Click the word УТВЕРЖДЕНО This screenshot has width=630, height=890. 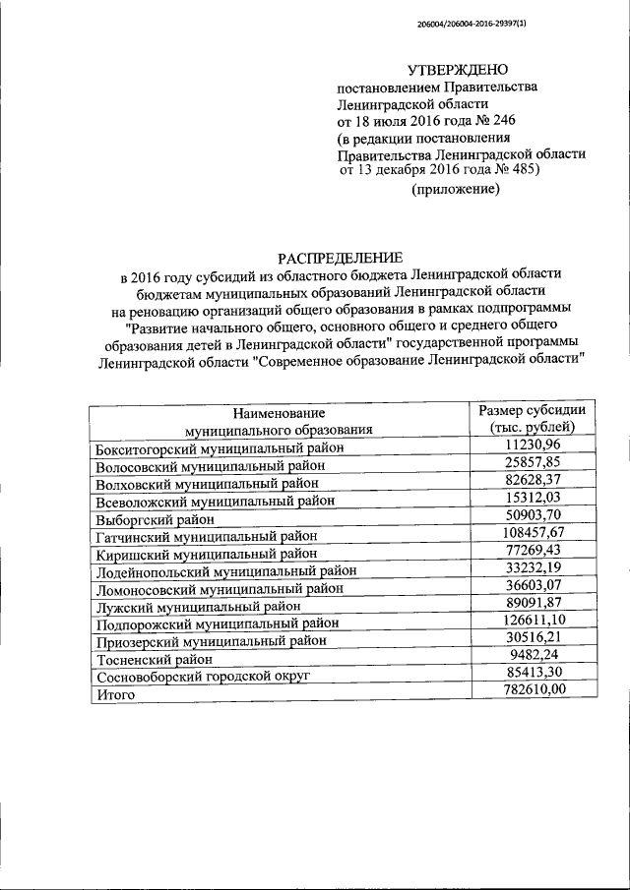[x=459, y=69]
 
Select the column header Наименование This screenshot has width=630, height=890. [x=280, y=414]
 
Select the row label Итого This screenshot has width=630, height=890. [x=115, y=695]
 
